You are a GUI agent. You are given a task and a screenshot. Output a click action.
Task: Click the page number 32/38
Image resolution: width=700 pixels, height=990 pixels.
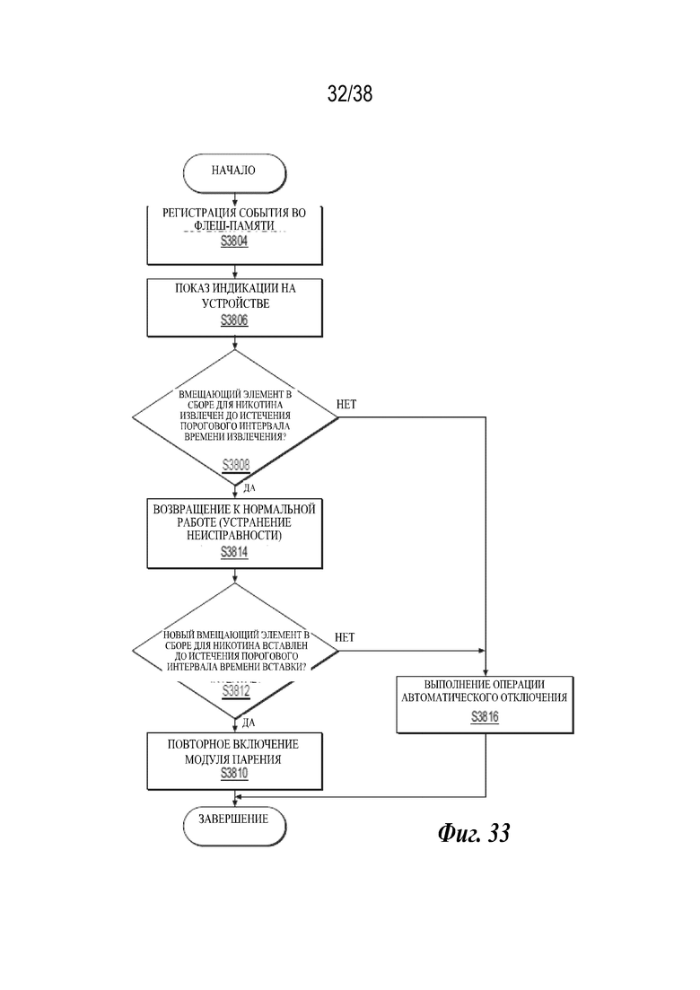(x=350, y=94)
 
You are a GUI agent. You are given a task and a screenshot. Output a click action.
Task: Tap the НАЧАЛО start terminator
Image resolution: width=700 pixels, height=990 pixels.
(x=234, y=173)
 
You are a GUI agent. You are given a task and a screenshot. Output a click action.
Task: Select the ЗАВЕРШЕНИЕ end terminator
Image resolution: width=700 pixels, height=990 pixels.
(x=234, y=826)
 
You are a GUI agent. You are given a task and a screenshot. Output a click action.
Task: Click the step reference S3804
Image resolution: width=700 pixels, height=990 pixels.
(x=234, y=241)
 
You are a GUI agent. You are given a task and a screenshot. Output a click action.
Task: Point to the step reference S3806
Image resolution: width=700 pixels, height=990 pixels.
(x=234, y=320)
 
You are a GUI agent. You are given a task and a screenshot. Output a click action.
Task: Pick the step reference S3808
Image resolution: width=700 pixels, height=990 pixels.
(x=236, y=465)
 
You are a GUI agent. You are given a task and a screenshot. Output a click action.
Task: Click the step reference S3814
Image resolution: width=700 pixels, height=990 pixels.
(x=234, y=553)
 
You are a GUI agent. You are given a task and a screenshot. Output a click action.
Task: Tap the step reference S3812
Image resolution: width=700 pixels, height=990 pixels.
(x=236, y=691)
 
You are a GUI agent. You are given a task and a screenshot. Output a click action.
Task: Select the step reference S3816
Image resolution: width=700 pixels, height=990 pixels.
(x=485, y=716)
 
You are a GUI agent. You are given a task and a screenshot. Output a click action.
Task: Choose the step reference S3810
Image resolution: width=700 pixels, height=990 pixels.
(x=234, y=774)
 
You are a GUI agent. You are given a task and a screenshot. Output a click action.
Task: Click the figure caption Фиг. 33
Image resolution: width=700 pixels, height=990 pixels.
(x=474, y=834)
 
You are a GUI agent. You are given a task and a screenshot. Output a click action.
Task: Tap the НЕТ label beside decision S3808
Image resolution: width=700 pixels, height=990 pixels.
(x=346, y=404)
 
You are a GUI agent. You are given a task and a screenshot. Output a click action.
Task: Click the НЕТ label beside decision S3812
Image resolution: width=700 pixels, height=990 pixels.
(x=345, y=637)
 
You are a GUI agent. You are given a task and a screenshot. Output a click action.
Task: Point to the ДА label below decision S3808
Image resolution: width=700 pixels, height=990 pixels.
(x=249, y=488)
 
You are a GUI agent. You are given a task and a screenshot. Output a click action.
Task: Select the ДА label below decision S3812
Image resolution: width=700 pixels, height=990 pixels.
(x=249, y=723)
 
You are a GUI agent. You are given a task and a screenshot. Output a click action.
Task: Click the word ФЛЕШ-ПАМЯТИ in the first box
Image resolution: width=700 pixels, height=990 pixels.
(x=234, y=225)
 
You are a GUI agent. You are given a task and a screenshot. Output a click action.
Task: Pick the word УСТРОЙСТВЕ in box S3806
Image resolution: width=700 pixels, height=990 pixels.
(x=235, y=303)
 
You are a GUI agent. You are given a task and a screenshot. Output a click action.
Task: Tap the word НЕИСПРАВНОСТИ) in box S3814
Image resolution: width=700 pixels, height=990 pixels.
(x=234, y=536)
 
